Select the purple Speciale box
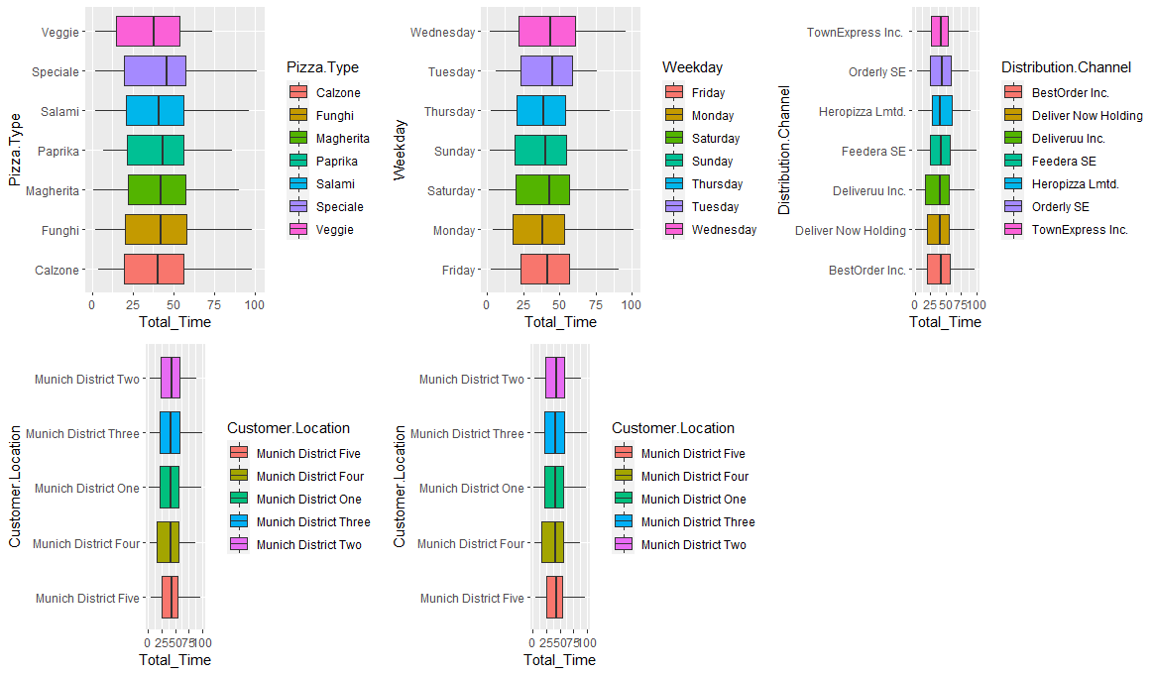(x=155, y=71)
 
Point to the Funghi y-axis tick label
(x=58, y=230)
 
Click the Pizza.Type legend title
(x=322, y=67)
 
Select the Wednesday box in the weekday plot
(x=546, y=32)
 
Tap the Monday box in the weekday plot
(x=538, y=230)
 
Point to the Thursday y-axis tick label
(x=448, y=111)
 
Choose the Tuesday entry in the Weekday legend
(x=715, y=206)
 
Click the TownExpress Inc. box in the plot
(x=939, y=32)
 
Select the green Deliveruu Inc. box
(x=937, y=190)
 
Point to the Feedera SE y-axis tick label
(x=872, y=151)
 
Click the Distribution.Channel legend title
(x=1066, y=67)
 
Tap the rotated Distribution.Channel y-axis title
(x=784, y=151)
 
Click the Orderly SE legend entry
(x=1060, y=206)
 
